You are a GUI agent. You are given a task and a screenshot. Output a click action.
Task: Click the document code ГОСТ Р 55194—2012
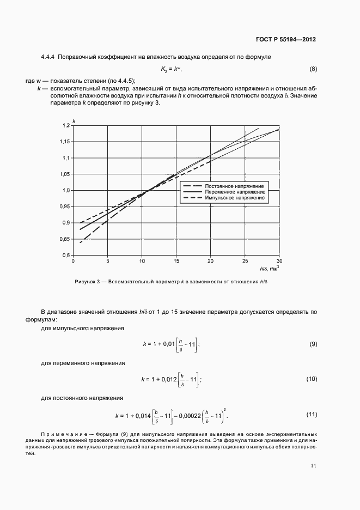[285, 40]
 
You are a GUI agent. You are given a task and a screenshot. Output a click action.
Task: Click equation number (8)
[313, 69]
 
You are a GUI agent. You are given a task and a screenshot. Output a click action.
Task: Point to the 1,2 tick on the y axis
[66, 126]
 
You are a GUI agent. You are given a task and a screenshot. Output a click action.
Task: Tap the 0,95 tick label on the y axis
[65, 207]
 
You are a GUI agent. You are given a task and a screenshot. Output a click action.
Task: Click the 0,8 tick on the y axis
[67, 255]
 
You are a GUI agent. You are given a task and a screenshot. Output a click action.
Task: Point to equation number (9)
[313, 344]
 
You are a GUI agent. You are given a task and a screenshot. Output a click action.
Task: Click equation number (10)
[312, 378]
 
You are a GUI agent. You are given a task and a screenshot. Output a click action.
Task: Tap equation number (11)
[312, 415]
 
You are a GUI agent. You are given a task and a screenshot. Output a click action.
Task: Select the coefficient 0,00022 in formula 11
[187, 416]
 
